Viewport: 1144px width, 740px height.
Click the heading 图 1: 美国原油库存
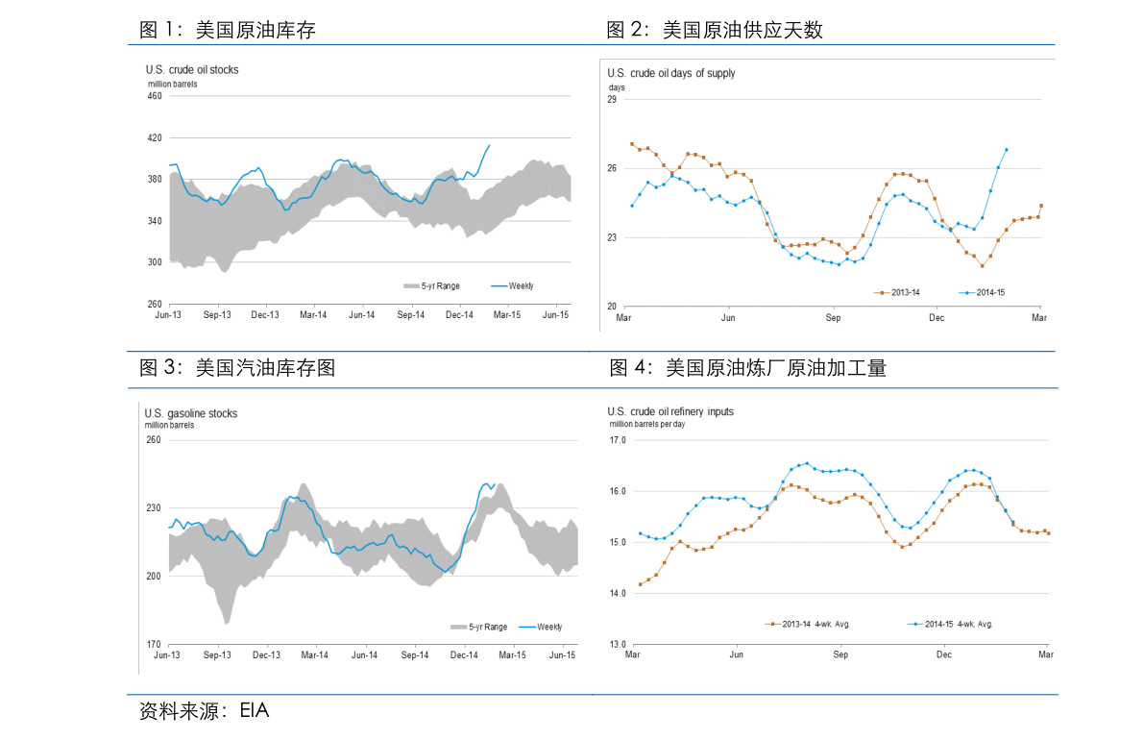(x=228, y=31)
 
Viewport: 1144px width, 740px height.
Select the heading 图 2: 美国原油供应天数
(x=715, y=31)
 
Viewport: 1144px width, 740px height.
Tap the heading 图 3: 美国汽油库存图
(x=237, y=367)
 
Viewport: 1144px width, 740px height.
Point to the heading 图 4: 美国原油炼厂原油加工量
(x=747, y=367)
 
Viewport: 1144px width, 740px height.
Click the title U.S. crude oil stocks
(x=192, y=69)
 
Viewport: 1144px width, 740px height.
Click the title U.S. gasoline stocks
(x=191, y=413)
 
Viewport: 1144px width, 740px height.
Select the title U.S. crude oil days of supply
(x=671, y=73)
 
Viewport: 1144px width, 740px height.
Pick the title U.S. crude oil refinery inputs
(x=670, y=411)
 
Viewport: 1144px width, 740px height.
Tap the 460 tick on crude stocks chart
(x=155, y=95)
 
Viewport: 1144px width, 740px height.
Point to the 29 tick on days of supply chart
(x=613, y=99)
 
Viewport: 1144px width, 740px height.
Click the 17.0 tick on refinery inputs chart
(x=617, y=440)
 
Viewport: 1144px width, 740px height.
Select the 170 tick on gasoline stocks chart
(x=153, y=644)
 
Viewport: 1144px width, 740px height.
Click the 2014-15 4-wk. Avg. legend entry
(x=951, y=624)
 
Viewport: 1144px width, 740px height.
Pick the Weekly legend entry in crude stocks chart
(x=514, y=285)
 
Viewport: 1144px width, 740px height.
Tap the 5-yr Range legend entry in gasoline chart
(x=480, y=627)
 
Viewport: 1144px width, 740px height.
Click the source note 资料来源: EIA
(x=205, y=711)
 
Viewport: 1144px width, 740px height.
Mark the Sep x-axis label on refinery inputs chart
(x=840, y=654)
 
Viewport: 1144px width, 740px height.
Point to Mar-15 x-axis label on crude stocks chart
(x=507, y=314)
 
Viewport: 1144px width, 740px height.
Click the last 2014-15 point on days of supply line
(x=1006, y=149)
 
